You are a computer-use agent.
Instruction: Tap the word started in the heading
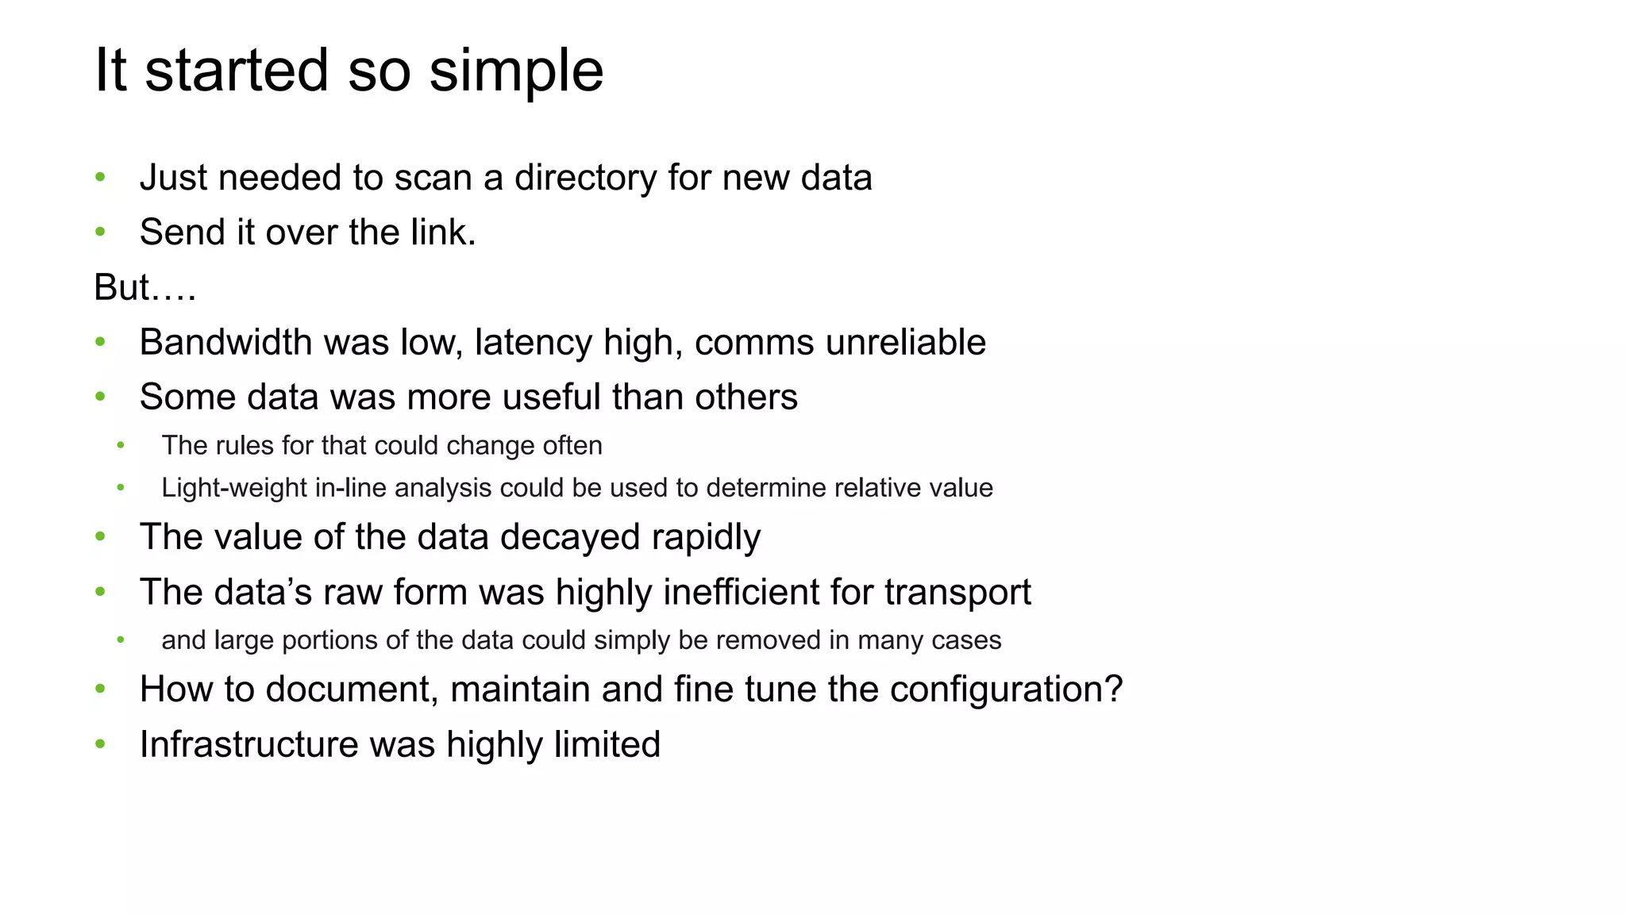tap(237, 70)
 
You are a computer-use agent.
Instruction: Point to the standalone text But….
tap(144, 287)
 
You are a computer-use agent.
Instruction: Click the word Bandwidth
tap(225, 343)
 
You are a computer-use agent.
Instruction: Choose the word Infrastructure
tap(249, 744)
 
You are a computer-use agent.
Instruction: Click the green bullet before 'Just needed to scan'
tap(100, 178)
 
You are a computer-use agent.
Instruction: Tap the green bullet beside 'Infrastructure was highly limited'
tap(100, 744)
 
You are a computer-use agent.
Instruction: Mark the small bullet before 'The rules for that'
tap(121, 446)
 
